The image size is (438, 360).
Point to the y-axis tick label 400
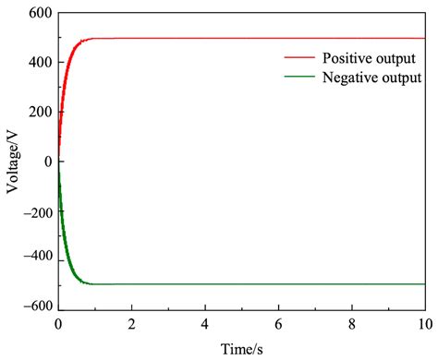point(39,63)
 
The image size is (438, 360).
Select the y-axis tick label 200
point(39,113)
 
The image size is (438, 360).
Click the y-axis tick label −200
point(35,210)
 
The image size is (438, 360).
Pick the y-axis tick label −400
point(35,259)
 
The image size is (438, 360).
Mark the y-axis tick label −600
point(35,308)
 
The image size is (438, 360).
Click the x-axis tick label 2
point(131,325)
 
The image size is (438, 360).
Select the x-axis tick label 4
point(205,325)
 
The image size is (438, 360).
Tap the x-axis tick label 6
point(278,325)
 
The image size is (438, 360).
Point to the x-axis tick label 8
point(351,325)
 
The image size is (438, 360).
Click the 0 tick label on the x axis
point(58,325)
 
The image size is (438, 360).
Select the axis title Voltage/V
point(13,161)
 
